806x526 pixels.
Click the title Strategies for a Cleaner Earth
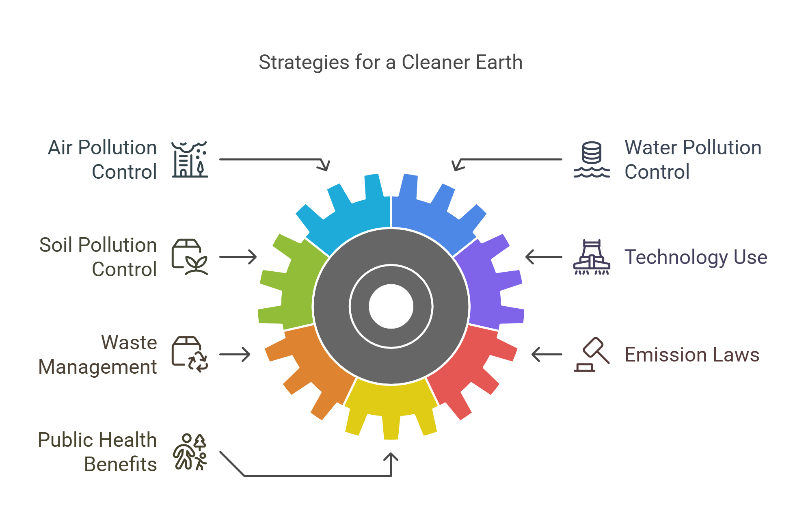point(390,63)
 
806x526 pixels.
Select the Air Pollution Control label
point(102,159)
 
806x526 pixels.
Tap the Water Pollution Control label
point(692,159)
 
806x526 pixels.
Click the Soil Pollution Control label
point(98,257)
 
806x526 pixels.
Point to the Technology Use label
point(696,257)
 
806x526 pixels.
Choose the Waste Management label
point(98,354)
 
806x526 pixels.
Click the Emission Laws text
point(691,355)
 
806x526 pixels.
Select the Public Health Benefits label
point(97,452)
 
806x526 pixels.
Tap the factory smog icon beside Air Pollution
point(190,159)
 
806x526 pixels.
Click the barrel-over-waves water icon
point(592,159)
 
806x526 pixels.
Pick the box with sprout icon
point(190,257)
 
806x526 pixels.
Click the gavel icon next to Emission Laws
point(592,355)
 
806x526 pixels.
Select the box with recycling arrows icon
point(190,354)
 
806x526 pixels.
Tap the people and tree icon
point(190,452)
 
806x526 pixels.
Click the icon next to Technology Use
point(592,257)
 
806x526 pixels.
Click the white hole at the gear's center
point(391,306)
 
